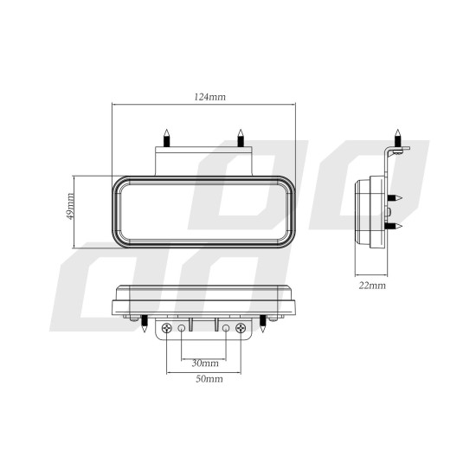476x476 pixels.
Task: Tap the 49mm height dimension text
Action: click(x=70, y=207)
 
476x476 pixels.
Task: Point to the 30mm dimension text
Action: click(x=203, y=363)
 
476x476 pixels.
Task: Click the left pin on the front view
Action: click(x=165, y=137)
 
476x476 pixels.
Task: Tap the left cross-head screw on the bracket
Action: click(x=165, y=329)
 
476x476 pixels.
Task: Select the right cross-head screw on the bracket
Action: click(x=241, y=329)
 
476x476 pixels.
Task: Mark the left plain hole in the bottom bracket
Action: click(x=181, y=329)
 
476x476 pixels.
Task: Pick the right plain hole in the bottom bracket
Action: click(x=226, y=329)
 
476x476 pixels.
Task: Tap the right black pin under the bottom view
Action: click(x=263, y=324)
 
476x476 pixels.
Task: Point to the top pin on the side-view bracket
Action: click(x=397, y=137)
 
